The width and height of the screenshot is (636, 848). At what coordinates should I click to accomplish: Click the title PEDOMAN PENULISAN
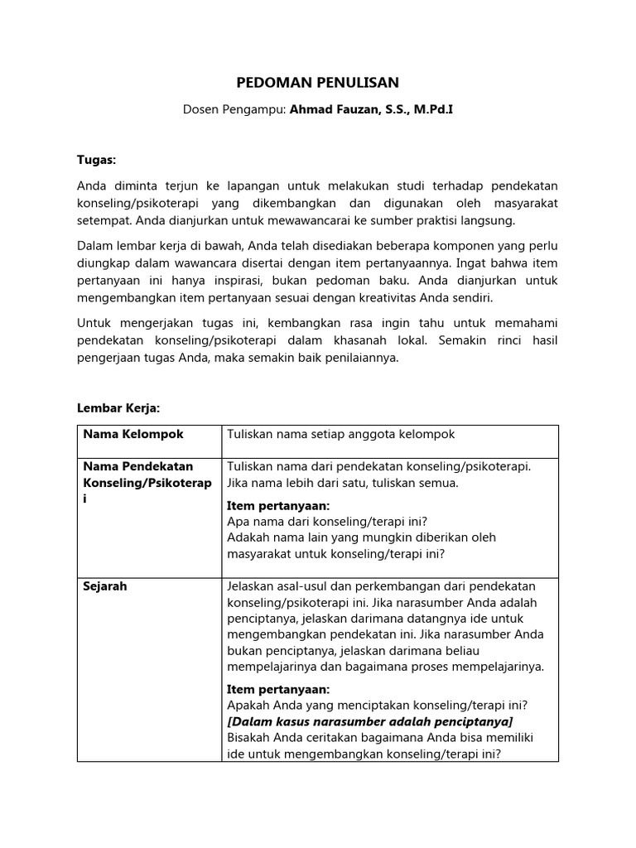click(318, 82)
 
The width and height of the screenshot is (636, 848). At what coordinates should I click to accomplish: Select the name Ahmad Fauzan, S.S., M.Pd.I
click(371, 108)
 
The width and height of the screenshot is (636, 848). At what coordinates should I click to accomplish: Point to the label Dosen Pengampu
click(234, 108)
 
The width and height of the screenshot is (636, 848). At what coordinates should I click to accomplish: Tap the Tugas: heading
click(97, 158)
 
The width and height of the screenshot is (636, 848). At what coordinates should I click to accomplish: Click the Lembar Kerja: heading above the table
click(118, 408)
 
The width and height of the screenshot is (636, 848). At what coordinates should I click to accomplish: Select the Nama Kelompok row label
click(130, 434)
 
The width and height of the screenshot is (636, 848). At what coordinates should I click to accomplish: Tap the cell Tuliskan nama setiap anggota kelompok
click(340, 434)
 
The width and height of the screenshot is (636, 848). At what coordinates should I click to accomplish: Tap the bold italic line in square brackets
click(369, 721)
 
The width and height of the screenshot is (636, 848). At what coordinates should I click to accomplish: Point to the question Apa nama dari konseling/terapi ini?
click(327, 521)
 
